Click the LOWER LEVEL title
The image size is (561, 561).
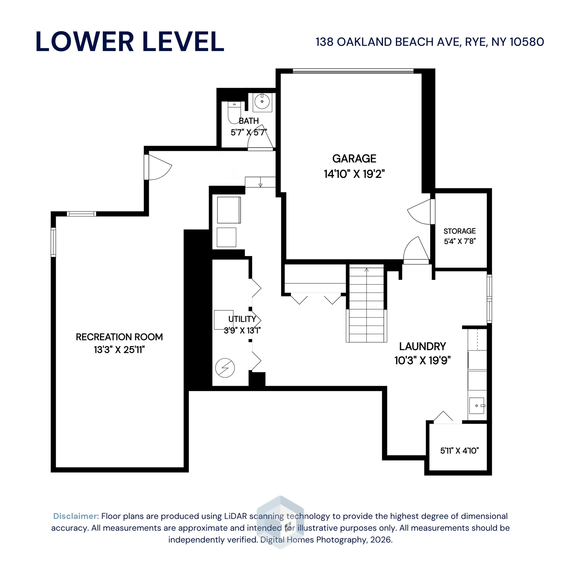click(x=130, y=41)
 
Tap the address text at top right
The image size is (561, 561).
click(x=430, y=42)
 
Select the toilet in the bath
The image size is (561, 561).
click(x=234, y=112)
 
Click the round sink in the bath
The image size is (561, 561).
click(x=262, y=102)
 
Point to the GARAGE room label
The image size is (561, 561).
click(x=354, y=159)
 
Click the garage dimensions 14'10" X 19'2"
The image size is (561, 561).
click(x=354, y=174)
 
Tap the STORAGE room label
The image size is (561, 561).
click(x=459, y=231)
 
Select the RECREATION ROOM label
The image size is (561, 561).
click(x=119, y=337)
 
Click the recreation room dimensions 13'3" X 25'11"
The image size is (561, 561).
click(x=119, y=350)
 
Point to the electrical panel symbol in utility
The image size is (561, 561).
click(x=225, y=368)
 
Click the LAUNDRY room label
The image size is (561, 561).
click(x=422, y=346)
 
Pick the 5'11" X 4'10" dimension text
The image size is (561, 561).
click(x=459, y=451)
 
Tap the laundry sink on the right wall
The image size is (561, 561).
click(x=477, y=406)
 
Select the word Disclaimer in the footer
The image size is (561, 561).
click(x=76, y=516)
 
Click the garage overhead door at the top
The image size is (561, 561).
click(x=353, y=71)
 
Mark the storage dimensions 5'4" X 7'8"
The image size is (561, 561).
click(x=459, y=241)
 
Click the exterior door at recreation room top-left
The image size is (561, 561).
click(x=158, y=168)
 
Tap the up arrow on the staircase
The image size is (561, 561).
click(x=366, y=270)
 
